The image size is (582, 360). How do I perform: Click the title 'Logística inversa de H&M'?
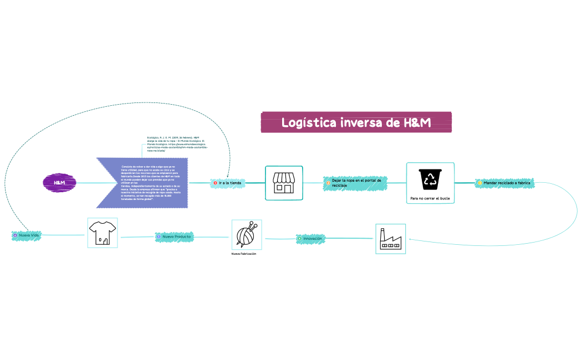tap(356, 122)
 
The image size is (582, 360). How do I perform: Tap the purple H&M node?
tap(59, 182)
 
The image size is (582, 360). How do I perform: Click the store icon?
tap(284, 183)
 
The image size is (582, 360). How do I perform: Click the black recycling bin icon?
tap(430, 179)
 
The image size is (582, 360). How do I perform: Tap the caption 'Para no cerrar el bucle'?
tap(430, 198)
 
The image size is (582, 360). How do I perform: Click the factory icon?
tap(390, 239)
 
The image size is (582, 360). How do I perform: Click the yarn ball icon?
tap(246, 234)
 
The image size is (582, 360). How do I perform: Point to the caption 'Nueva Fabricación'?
tap(244, 254)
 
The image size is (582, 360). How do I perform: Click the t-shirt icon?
tap(103, 233)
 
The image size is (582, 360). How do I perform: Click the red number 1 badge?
tap(215, 183)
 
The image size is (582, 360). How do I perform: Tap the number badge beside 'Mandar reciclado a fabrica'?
tap(479, 183)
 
